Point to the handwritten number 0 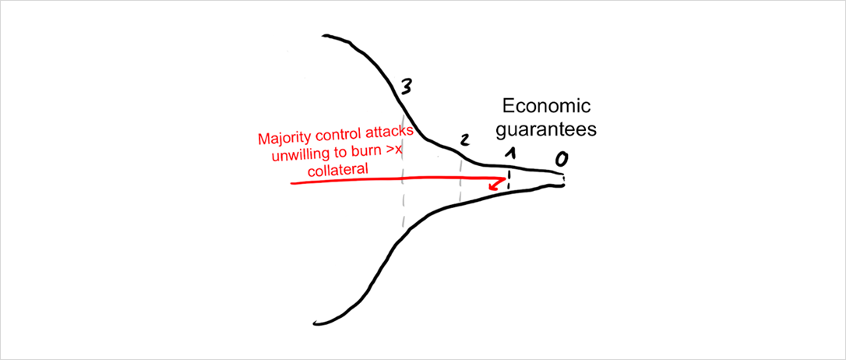pos(561,159)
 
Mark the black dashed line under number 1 pos(508,180)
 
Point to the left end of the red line pos(292,183)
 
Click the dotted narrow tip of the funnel pos(562,180)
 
